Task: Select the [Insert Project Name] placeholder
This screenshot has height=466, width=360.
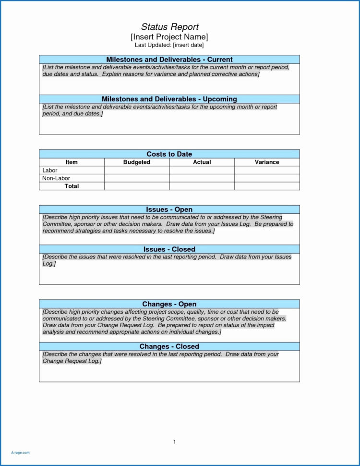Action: pyautogui.click(x=169, y=37)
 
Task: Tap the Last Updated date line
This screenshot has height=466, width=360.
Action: pyautogui.click(x=169, y=45)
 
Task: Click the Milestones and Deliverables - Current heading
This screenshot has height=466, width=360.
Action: pyautogui.click(x=169, y=59)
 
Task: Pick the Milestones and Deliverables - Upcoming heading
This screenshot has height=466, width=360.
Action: pyautogui.click(x=169, y=99)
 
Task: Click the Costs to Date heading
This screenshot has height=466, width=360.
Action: pyautogui.click(x=169, y=154)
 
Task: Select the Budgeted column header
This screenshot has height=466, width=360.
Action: pyautogui.click(x=137, y=162)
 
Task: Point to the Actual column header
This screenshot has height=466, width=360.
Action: pyautogui.click(x=202, y=162)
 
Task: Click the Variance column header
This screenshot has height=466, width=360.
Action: pyautogui.click(x=267, y=162)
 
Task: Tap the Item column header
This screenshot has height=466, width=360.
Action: pyautogui.click(x=72, y=162)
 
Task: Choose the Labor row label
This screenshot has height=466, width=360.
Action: pyautogui.click(x=50, y=171)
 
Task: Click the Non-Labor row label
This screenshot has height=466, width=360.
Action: pyautogui.click(x=56, y=178)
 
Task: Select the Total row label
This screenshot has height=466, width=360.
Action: pyautogui.click(x=72, y=186)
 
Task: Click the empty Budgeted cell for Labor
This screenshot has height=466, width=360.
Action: pyautogui.click(x=137, y=171)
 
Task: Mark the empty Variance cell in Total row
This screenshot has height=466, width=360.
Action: pyautogui.click(x=267, y=186)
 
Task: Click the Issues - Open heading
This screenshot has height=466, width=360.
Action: pyautogui.click(x=169, y=209)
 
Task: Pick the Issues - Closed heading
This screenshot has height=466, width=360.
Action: pyautogui.click(x=169, y=249)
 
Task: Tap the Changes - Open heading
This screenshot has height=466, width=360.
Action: pyautogui.click(x=169, y=304)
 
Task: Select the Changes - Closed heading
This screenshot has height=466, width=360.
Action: pyautogui.click(x=169, y=346)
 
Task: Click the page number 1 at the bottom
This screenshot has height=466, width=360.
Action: pyautogui.click(x=175, y=441)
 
